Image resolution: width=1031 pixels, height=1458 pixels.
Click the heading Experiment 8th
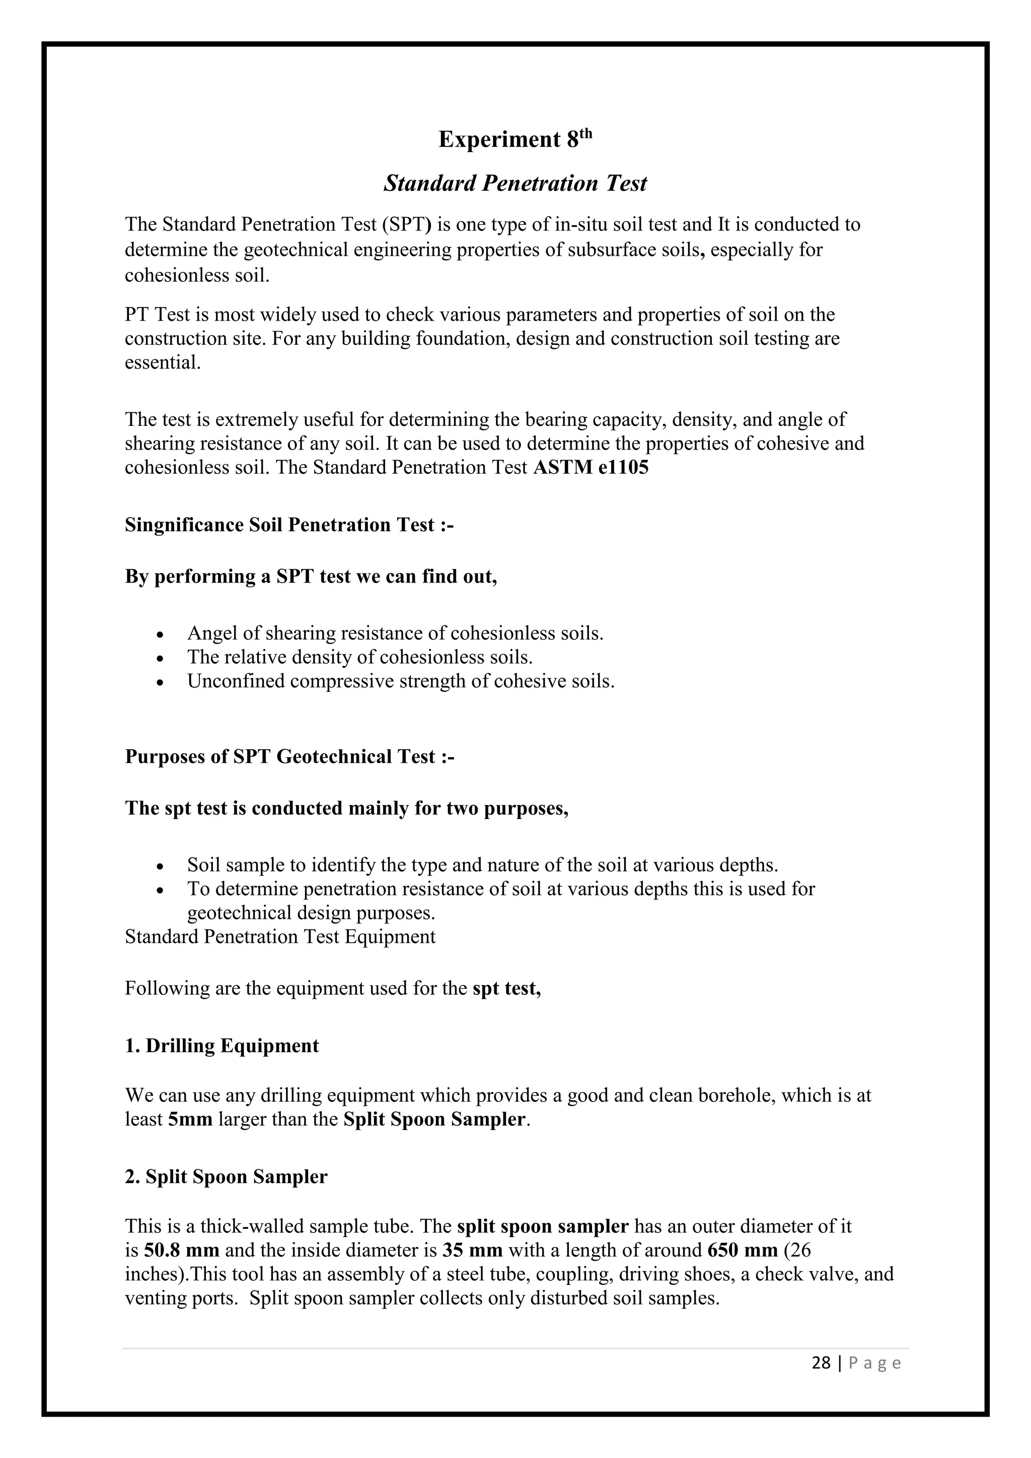click(x=515, y=139)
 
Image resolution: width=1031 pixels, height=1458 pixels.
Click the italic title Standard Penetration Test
click(x=515, y=184)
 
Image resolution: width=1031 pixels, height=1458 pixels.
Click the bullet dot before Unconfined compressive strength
click(x=161, y=683)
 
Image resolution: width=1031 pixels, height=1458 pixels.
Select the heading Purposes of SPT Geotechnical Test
click(x=289, y=757)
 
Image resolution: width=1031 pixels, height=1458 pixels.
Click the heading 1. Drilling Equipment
click(x=222, y=1046)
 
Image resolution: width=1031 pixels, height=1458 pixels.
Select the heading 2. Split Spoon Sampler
click(x=226, y=1177)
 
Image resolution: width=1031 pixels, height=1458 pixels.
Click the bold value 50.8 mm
click(x=182, y=1251)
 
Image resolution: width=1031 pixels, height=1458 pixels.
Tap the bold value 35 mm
click(x=472, y=1251)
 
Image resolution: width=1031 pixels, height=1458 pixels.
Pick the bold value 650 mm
click(x=742, y=1251)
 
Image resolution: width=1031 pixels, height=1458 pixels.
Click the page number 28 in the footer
click(x=821, y=1363)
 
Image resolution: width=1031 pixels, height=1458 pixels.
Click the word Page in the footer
click(x=875, y=1363)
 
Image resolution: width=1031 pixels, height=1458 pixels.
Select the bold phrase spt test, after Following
click(x=506, y=989)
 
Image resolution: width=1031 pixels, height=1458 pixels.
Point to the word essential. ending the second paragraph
click(x=163, y=362)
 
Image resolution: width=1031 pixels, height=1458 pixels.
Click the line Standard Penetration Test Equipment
click(x=280, y=936)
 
